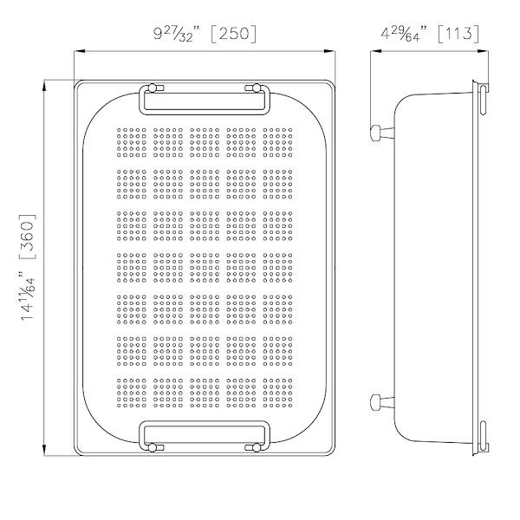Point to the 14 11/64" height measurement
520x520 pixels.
click(29, 303)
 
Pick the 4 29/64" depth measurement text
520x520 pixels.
click(401, 34)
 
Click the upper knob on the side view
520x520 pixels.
click(379, 133)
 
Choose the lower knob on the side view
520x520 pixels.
click(379, 401)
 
